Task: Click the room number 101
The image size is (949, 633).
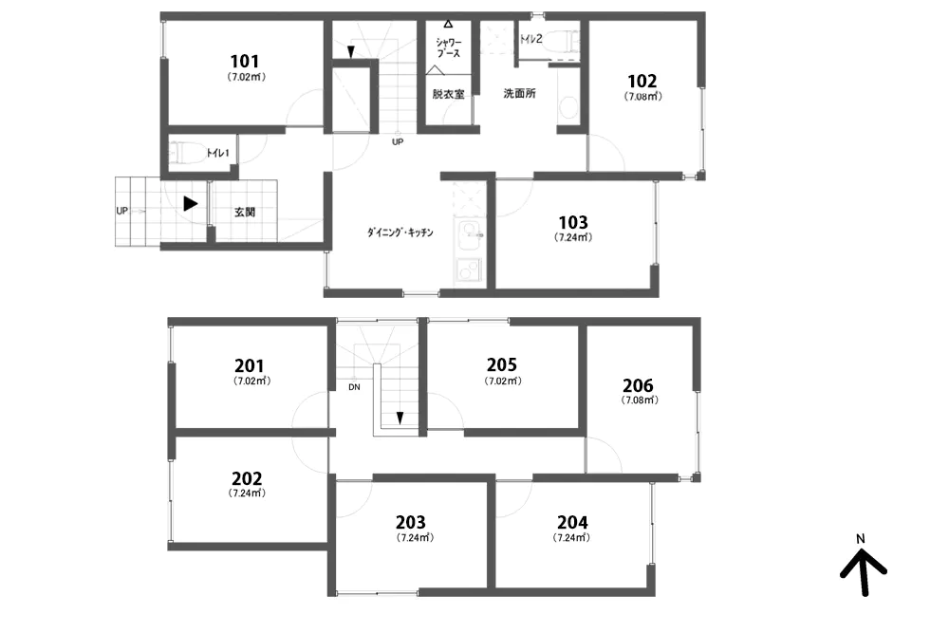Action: (245, 61)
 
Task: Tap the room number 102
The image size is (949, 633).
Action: (642, 81)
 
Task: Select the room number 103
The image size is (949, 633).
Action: (572, 222)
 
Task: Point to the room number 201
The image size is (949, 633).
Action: (250, 365)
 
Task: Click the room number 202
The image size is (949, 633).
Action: (247, 478)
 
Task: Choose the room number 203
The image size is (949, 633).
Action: (411, 522)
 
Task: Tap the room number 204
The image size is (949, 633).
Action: (572, 522)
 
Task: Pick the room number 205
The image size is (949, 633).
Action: (502, 364)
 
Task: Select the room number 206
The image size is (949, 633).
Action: (638, 385)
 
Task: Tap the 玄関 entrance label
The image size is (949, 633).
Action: (245, 213)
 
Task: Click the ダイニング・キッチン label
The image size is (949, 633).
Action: (400, 233)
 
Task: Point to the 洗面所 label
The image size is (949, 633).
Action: (520, 94)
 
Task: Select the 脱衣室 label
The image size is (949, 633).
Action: (449, 94)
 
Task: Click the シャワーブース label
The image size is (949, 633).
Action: (449, 47)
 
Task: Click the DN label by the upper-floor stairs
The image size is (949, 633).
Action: (354, 387)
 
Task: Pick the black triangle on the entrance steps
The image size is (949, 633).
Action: (191, 203)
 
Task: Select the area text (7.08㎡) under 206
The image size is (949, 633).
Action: (640, 400)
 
